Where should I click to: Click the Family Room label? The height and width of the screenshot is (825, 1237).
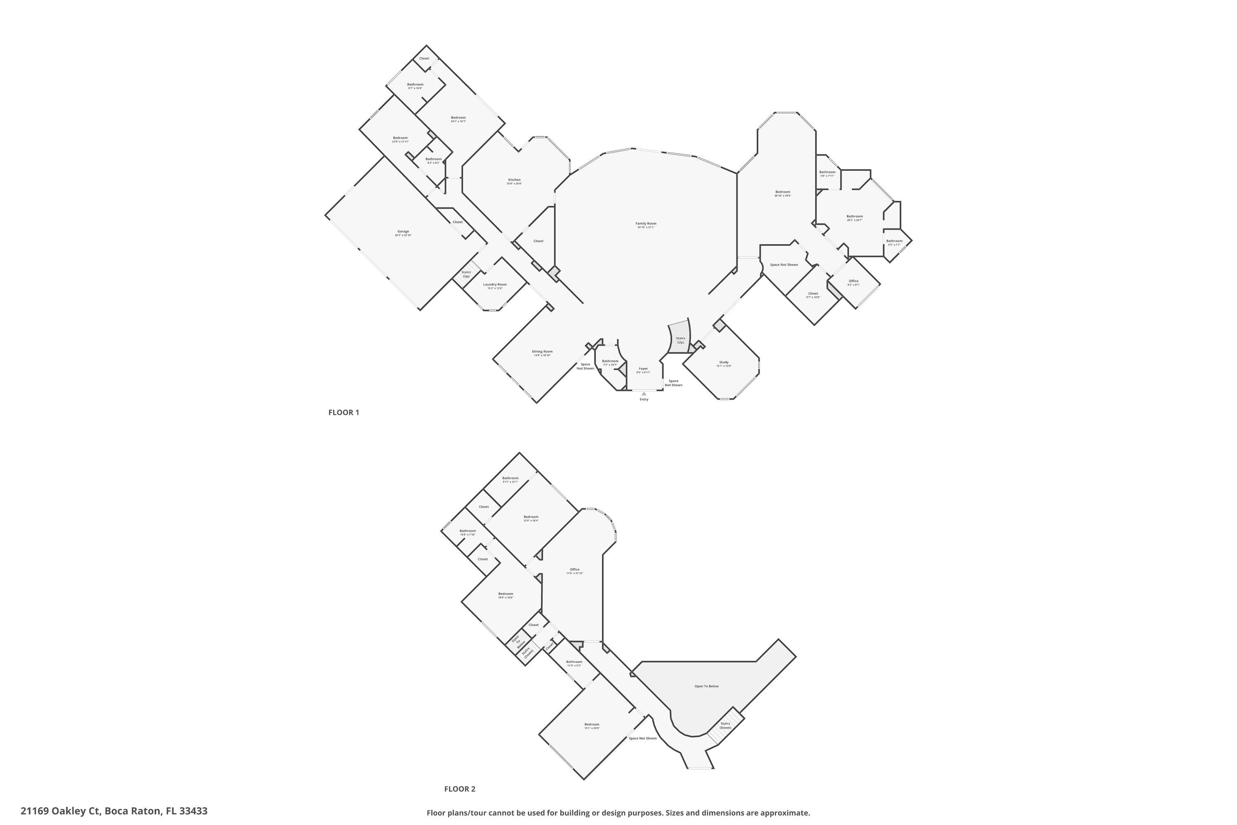[x=645, y=224]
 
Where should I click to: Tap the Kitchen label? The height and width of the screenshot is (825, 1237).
[x=514, y=180]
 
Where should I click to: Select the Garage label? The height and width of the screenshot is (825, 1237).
[x=403, y=231]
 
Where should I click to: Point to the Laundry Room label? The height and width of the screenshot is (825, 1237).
[x=495, y=285]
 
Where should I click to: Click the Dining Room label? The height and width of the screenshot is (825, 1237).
[x=542, y=351]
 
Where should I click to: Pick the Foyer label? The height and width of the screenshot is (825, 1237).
[x=643, y=369]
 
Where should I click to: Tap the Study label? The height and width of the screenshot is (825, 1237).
[x=724, y=362]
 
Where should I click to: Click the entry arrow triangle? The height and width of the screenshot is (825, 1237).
[x=644, y=394]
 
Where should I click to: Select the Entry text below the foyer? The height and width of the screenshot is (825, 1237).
[x=644, y=399]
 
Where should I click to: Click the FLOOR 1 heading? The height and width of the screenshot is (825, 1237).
[x=343, y=412]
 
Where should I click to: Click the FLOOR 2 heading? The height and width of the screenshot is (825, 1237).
[x=459, y=789]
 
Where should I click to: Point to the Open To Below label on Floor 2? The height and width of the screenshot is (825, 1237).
[x=706, y=686]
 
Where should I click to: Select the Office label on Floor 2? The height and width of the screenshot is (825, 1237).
[x=574, y=569]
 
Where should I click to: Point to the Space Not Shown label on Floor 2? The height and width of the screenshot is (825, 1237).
[x=643, y=738]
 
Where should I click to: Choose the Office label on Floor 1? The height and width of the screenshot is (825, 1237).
[x=853, y=281]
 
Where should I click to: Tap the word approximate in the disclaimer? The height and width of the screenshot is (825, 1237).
[x=784, y=813]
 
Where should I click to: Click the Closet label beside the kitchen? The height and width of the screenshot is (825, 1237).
[x=538, y=241]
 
